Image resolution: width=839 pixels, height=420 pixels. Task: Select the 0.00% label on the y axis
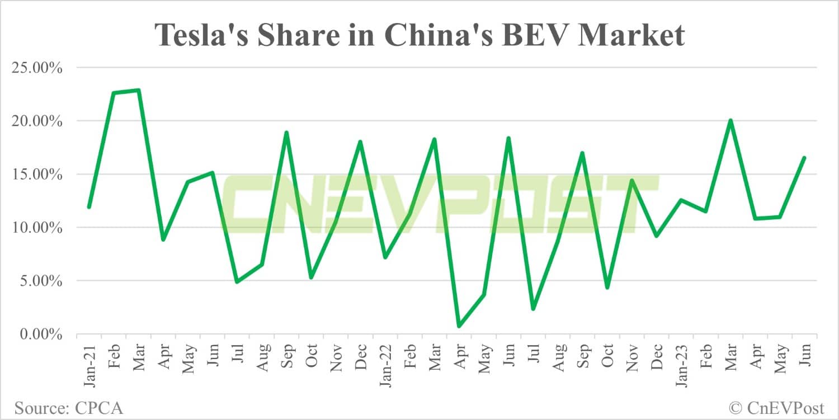(x=40, y=334)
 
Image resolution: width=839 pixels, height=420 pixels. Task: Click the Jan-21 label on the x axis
(x=89, y=364)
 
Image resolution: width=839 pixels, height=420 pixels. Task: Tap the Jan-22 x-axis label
(x=385, y=364)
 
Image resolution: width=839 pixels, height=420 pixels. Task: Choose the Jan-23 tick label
(x=681, y=364)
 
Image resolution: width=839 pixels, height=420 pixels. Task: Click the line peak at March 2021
(x=138, y=90)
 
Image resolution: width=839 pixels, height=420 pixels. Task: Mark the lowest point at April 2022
(x=459, y=326)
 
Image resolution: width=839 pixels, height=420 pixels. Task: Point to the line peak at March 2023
(x=730, y=120)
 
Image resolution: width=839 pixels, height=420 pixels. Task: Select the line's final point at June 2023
(x=804, y=158)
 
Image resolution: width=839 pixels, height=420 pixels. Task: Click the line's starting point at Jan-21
(x=89, y=207)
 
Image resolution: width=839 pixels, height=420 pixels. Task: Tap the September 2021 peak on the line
(x=286, y=133)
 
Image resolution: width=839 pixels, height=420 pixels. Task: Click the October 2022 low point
(x=607, y=287)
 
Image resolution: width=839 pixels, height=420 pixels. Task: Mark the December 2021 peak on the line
(x=360, y=141)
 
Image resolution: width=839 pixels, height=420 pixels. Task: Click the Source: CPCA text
(x=69, y=408)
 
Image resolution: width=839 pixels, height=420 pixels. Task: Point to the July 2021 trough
(x=237, y=282)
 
